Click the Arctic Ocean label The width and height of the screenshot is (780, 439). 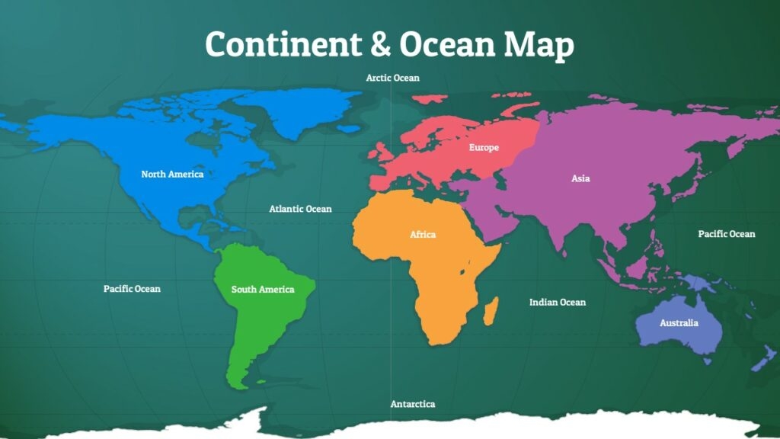[392, 78]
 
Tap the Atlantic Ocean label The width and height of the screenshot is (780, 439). [300, 209]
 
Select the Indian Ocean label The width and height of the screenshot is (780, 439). [558, 303]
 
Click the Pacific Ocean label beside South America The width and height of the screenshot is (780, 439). [132, 289]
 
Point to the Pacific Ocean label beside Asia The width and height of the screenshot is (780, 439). [726, 234]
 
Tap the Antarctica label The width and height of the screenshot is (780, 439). [413, 404]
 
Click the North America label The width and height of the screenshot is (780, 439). [172, 175]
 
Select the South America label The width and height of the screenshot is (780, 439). [263, 290]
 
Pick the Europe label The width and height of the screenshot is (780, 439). [484, 147]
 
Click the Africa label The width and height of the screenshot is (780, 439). [423, 235]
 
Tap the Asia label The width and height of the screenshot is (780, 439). [580, 179]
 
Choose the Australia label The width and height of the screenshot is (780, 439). [678, 323]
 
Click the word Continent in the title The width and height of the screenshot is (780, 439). [281, 45]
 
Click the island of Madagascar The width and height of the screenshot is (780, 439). [491, 311]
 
